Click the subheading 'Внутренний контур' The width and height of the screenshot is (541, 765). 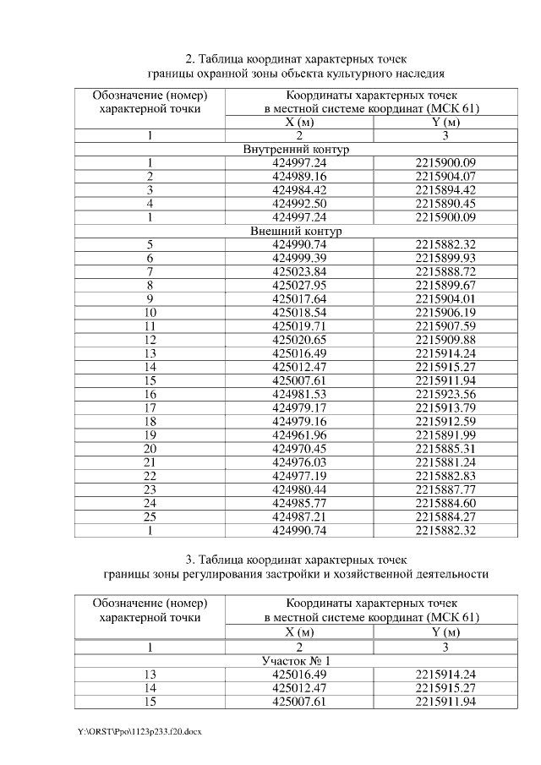coord(296,150)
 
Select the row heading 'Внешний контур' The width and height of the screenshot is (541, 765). coord(296,231)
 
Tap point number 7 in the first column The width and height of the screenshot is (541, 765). coord(150,271)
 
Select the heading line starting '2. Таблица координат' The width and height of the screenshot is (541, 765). coord(296,59)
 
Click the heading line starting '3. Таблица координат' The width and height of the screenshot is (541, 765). coord(296,560)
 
